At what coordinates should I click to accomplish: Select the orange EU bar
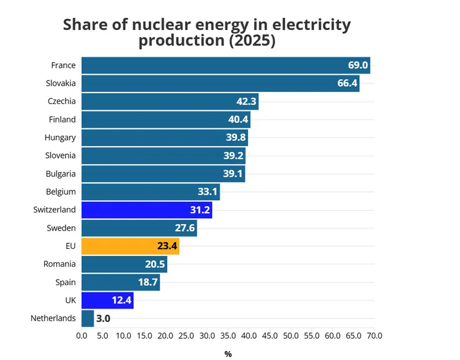130,246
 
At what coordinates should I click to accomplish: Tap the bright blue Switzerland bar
147,210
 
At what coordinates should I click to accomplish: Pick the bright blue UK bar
108,300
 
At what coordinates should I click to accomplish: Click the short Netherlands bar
87,318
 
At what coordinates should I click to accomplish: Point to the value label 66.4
347,84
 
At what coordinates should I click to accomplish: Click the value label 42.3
246,102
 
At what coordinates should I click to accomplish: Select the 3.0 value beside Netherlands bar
103,319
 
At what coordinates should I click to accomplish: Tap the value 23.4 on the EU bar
167,247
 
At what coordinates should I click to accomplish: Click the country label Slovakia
61,83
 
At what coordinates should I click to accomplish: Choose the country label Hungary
60,137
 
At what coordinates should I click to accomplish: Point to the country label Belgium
61,192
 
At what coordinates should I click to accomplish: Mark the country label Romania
60,264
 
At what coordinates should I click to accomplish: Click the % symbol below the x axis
228,354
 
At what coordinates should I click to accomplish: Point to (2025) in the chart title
250,41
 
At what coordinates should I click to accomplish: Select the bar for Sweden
139,228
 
